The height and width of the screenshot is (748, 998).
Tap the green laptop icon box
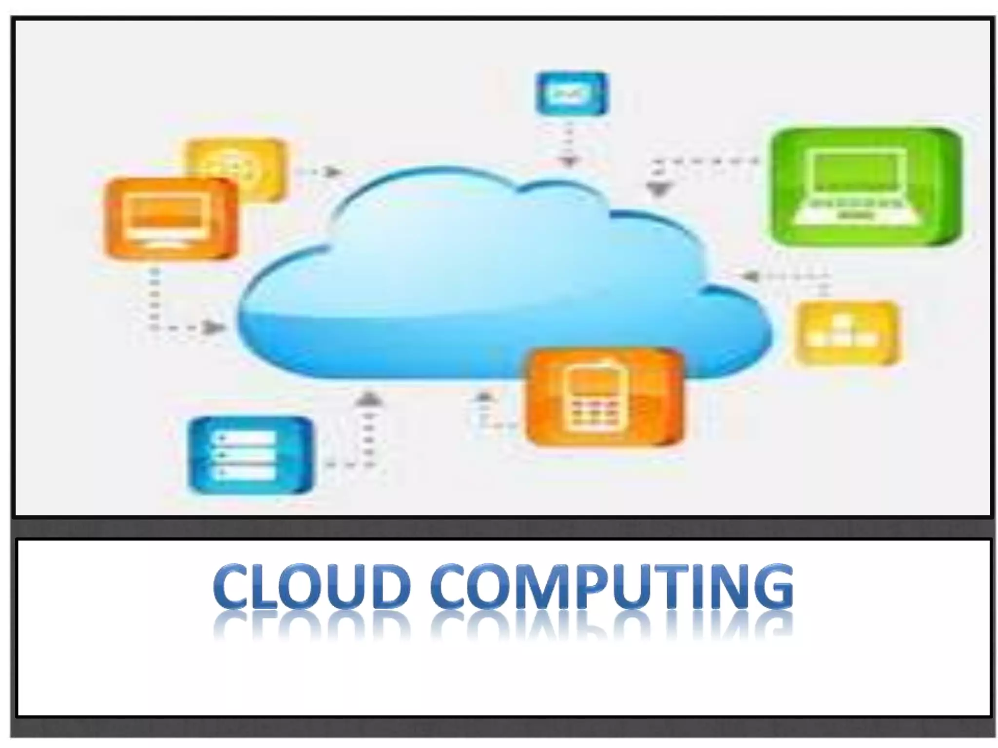(x=867, y=187)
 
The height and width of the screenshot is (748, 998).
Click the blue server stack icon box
(x=250, y=454)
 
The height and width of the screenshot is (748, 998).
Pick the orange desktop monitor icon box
(x=171, y=218)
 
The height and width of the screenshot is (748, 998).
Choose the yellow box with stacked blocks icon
(x=847, y=333)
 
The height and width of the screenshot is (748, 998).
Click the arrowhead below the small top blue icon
(x=569, y=161)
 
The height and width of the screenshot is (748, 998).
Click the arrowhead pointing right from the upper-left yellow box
(x=332, y=171)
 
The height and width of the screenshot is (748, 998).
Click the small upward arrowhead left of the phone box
(x=483, y=396)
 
